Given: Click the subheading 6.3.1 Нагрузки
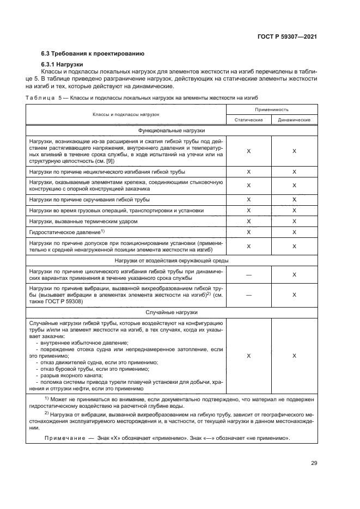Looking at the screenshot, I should [x=62, y=65].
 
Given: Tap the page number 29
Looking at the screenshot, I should [x=314, y=463].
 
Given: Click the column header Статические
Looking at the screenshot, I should [x=249, y=120].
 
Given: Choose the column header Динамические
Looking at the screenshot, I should [x=294, y=120].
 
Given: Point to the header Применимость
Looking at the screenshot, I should [x=272, y=109].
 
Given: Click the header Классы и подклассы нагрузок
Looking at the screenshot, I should [x=125, y=115].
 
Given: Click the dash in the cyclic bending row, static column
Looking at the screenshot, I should [x=249, y=275].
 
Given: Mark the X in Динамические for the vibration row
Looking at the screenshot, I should [x=294, y=295].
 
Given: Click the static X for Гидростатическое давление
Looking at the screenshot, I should [x=249, y=232].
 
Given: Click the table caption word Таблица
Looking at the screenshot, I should [x=41, y=97].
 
